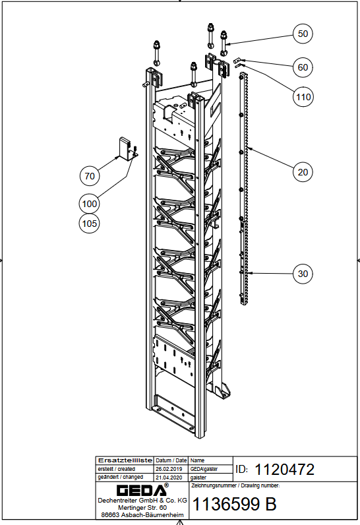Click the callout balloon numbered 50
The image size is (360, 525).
click(x=303, y=34)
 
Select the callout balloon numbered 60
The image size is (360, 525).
click(x=303, y=67)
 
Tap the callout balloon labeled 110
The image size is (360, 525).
click(x=303, y=97)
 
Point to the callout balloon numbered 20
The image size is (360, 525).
click(x=303, y=172)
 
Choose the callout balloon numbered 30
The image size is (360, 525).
click(x=303, y=274)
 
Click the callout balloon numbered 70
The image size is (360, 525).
click(x=90, y=176)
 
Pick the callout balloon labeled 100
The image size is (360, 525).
click(x=90, y=204)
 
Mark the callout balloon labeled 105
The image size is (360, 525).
click(x=90, y=224)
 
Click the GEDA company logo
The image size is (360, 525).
click(x=142, y=490)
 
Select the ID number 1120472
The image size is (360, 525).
click(x=285, y=470)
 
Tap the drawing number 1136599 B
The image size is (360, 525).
click(x=235, y=504)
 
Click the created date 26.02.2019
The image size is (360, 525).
click(x=169, y=469)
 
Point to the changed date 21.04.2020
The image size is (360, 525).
click(x=169, y=478)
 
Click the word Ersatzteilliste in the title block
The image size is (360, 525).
click(x=125, y=460)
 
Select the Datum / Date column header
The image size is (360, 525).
click(x=171, y=460)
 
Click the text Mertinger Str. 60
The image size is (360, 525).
click(x=142, y=508)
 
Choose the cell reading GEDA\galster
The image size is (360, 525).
click(x=204, y=469)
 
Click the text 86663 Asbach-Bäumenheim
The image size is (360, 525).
click(x=142, y=515)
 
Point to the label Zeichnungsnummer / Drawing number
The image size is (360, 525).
click(x=235, y=485)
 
